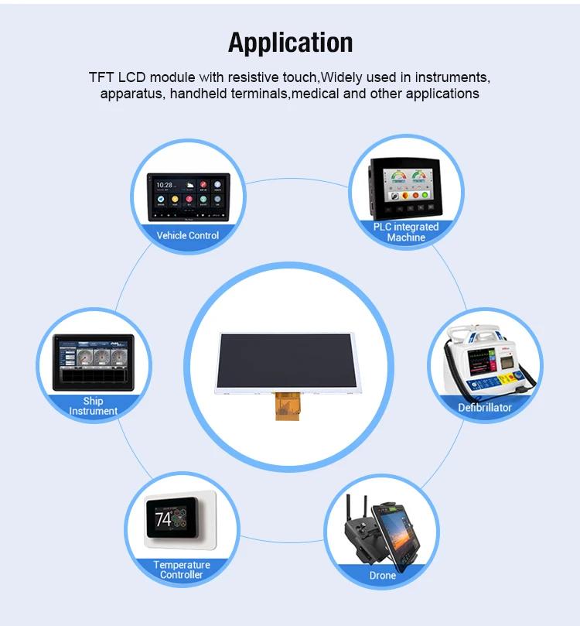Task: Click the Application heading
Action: [290, 42]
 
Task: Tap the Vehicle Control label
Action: [188, 235]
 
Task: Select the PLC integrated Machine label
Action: [406, 232]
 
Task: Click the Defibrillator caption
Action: [485, 407]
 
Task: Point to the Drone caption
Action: [383, 575]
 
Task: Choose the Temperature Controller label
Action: [182, 570]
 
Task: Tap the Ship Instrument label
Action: [94, 406]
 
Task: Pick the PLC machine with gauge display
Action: [406, 189]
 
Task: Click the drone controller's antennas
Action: [354, 508]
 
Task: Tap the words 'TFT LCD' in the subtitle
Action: [118, 78]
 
